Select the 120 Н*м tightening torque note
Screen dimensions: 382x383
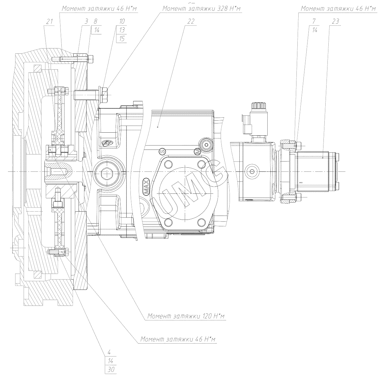click(186, 316)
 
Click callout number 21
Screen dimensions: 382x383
click(50, 21)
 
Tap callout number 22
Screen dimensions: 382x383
click(191, 21)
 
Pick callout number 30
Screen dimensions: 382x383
click(111, 370)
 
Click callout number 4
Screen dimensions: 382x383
click(110, 352)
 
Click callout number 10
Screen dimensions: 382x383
click(122, 21)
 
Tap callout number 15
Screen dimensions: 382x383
click(122, 39)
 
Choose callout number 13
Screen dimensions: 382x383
click(122, 30)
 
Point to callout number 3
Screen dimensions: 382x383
click(87, 21)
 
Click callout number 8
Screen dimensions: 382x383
click(95, 21)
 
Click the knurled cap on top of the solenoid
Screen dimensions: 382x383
click(258, 106)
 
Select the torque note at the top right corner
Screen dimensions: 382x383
click(338, 9)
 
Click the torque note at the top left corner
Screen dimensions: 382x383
click(99, 9)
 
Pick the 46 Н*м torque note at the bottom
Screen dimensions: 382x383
click(178, 340)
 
